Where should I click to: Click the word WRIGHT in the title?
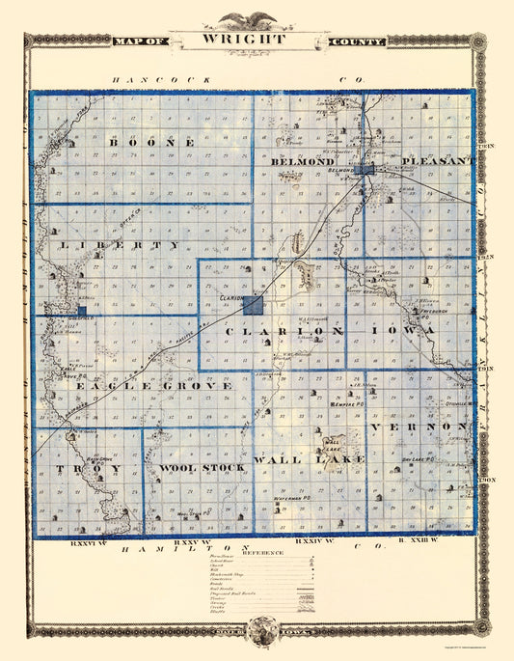(x=244, y=41)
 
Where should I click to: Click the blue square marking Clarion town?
(x=254, y=306)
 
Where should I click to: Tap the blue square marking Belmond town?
(x=365, y=170)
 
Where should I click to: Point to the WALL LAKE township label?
(x=310, y=459)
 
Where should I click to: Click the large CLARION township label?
(x=284, y=331)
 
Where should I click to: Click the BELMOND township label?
(x=303, y=162)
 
